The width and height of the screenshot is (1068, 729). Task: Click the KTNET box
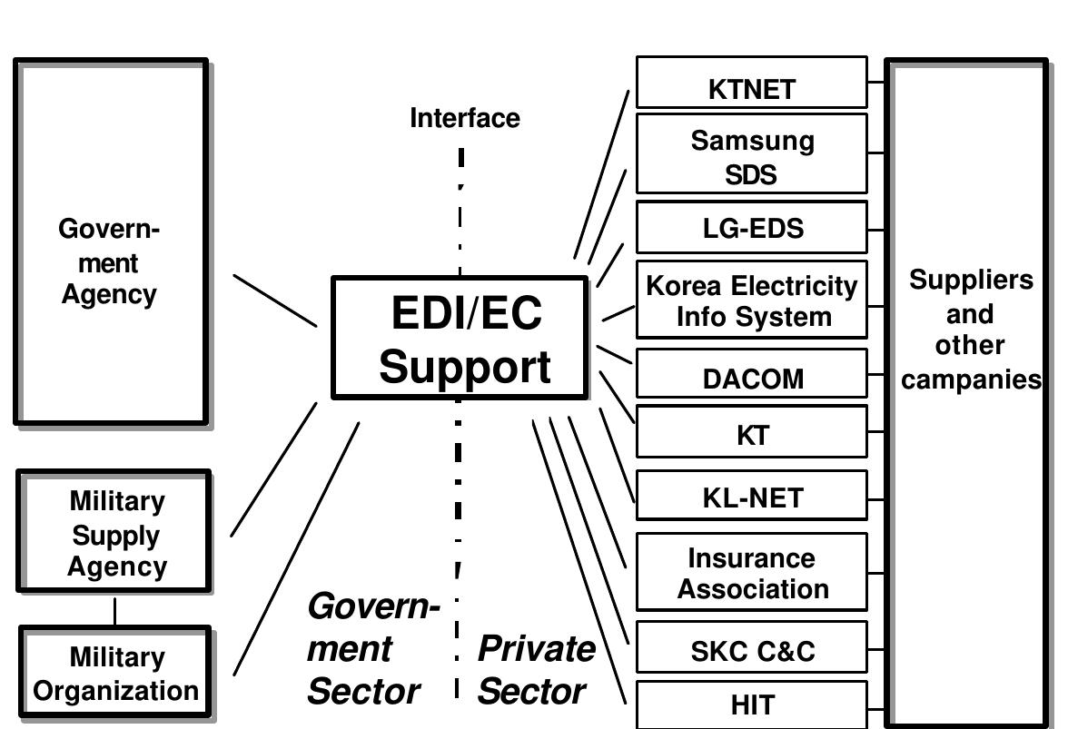pyautogui.click(x=752, y=83)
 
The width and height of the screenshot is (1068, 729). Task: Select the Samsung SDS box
pyautogui.click(x=752, y=154)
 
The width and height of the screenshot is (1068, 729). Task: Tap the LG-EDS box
pyautogui.click(x=752, y=227)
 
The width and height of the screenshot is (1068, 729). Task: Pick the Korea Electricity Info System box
pyautogui.click(x=752, y=300)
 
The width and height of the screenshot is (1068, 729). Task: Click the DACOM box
pyautogui.click(x=752, y=374)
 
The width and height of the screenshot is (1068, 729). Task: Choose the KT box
pyautogui.click(x=752, y=432)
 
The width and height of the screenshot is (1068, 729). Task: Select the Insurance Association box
pyautogui.click(x=752, y=572)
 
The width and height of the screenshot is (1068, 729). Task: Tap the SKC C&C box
pyautogui.click(x=752, y=648)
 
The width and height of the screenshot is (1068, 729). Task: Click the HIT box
pyautogui.click(x=752, y=704)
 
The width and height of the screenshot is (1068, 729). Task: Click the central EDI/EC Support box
pyautogui.click(x=460, y=339)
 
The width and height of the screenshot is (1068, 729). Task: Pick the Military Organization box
pyautogui.click(x=114, y=673)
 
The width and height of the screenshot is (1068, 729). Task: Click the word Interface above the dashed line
pyautogui.click(x=465, y=118)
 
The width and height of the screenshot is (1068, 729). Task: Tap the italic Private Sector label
pyautogui.click(x=534, y=670)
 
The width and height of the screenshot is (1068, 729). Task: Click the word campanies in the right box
pyautogui.click(x=971, y=379)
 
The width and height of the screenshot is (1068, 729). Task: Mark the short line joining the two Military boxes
pyautogui.click(x=114, y=610)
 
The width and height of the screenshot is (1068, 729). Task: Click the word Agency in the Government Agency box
pyautogui.click(x=109, y=295)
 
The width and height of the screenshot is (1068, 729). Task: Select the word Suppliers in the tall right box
pyautogui.click(x=971, y=280)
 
